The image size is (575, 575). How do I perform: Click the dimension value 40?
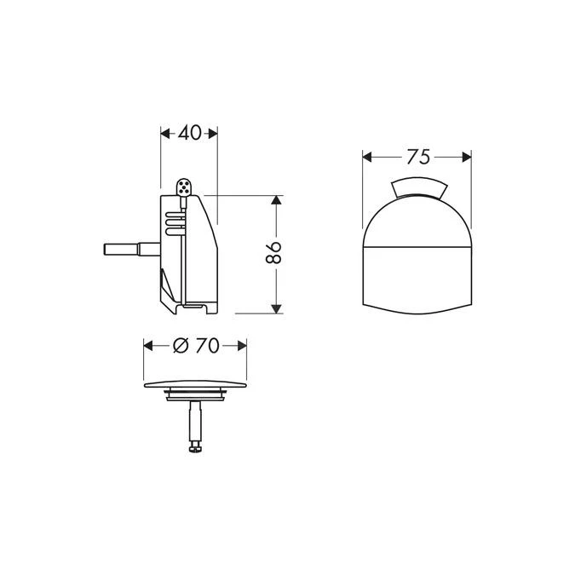pos(190,133)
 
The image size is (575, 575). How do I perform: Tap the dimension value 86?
pos(274,253)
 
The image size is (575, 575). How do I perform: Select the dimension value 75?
pos(417,156)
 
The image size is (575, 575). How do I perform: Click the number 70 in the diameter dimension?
pos(207,345)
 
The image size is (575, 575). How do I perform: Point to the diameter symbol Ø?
pos(180,345)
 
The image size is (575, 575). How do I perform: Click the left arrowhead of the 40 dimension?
pos(165,133)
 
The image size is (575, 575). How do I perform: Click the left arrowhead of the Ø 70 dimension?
pos(148,345)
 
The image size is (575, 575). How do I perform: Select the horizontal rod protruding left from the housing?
pos(128,250)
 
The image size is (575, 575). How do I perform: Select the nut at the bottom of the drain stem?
pos(195,446)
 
